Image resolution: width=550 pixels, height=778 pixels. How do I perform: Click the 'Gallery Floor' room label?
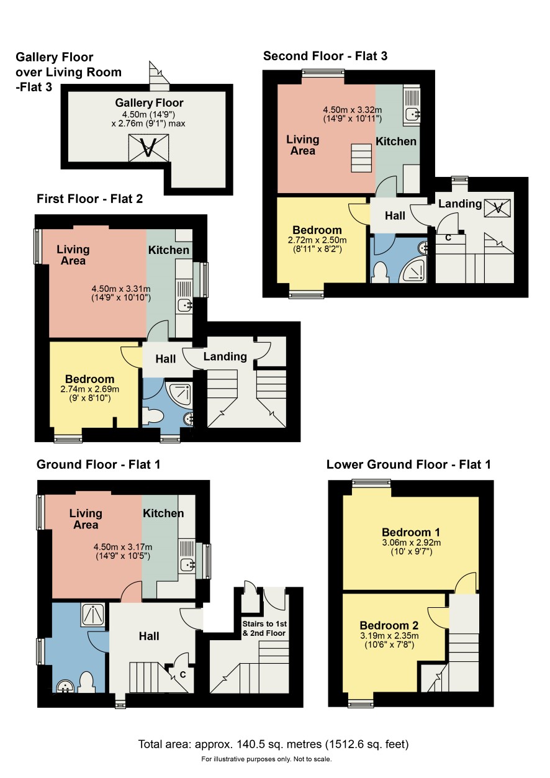pos(149,103)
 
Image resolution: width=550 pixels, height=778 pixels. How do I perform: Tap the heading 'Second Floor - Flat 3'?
pos(325,56)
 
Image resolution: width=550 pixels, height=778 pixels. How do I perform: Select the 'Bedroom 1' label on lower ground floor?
pos(411,533)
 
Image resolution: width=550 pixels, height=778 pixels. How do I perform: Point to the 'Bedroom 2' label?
pos(389,625)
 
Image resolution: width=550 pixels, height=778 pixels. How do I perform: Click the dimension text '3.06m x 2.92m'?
pos(412,543)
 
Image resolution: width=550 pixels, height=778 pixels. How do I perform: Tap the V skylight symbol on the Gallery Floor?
pos(148,148)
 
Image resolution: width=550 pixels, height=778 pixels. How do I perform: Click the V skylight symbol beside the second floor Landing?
pos(498,208)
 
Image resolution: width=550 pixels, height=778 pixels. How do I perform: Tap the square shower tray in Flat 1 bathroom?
pos(93,614)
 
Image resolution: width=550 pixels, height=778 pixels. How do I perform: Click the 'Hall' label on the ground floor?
pos(149,636)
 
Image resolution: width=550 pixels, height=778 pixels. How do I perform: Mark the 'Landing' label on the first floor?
pos(225,356)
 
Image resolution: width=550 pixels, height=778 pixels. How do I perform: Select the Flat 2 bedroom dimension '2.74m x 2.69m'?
pos(89,389)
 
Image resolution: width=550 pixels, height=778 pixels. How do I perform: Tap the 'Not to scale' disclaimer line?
pos(266,759)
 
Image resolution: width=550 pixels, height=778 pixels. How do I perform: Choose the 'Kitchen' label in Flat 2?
pos(169,250)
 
